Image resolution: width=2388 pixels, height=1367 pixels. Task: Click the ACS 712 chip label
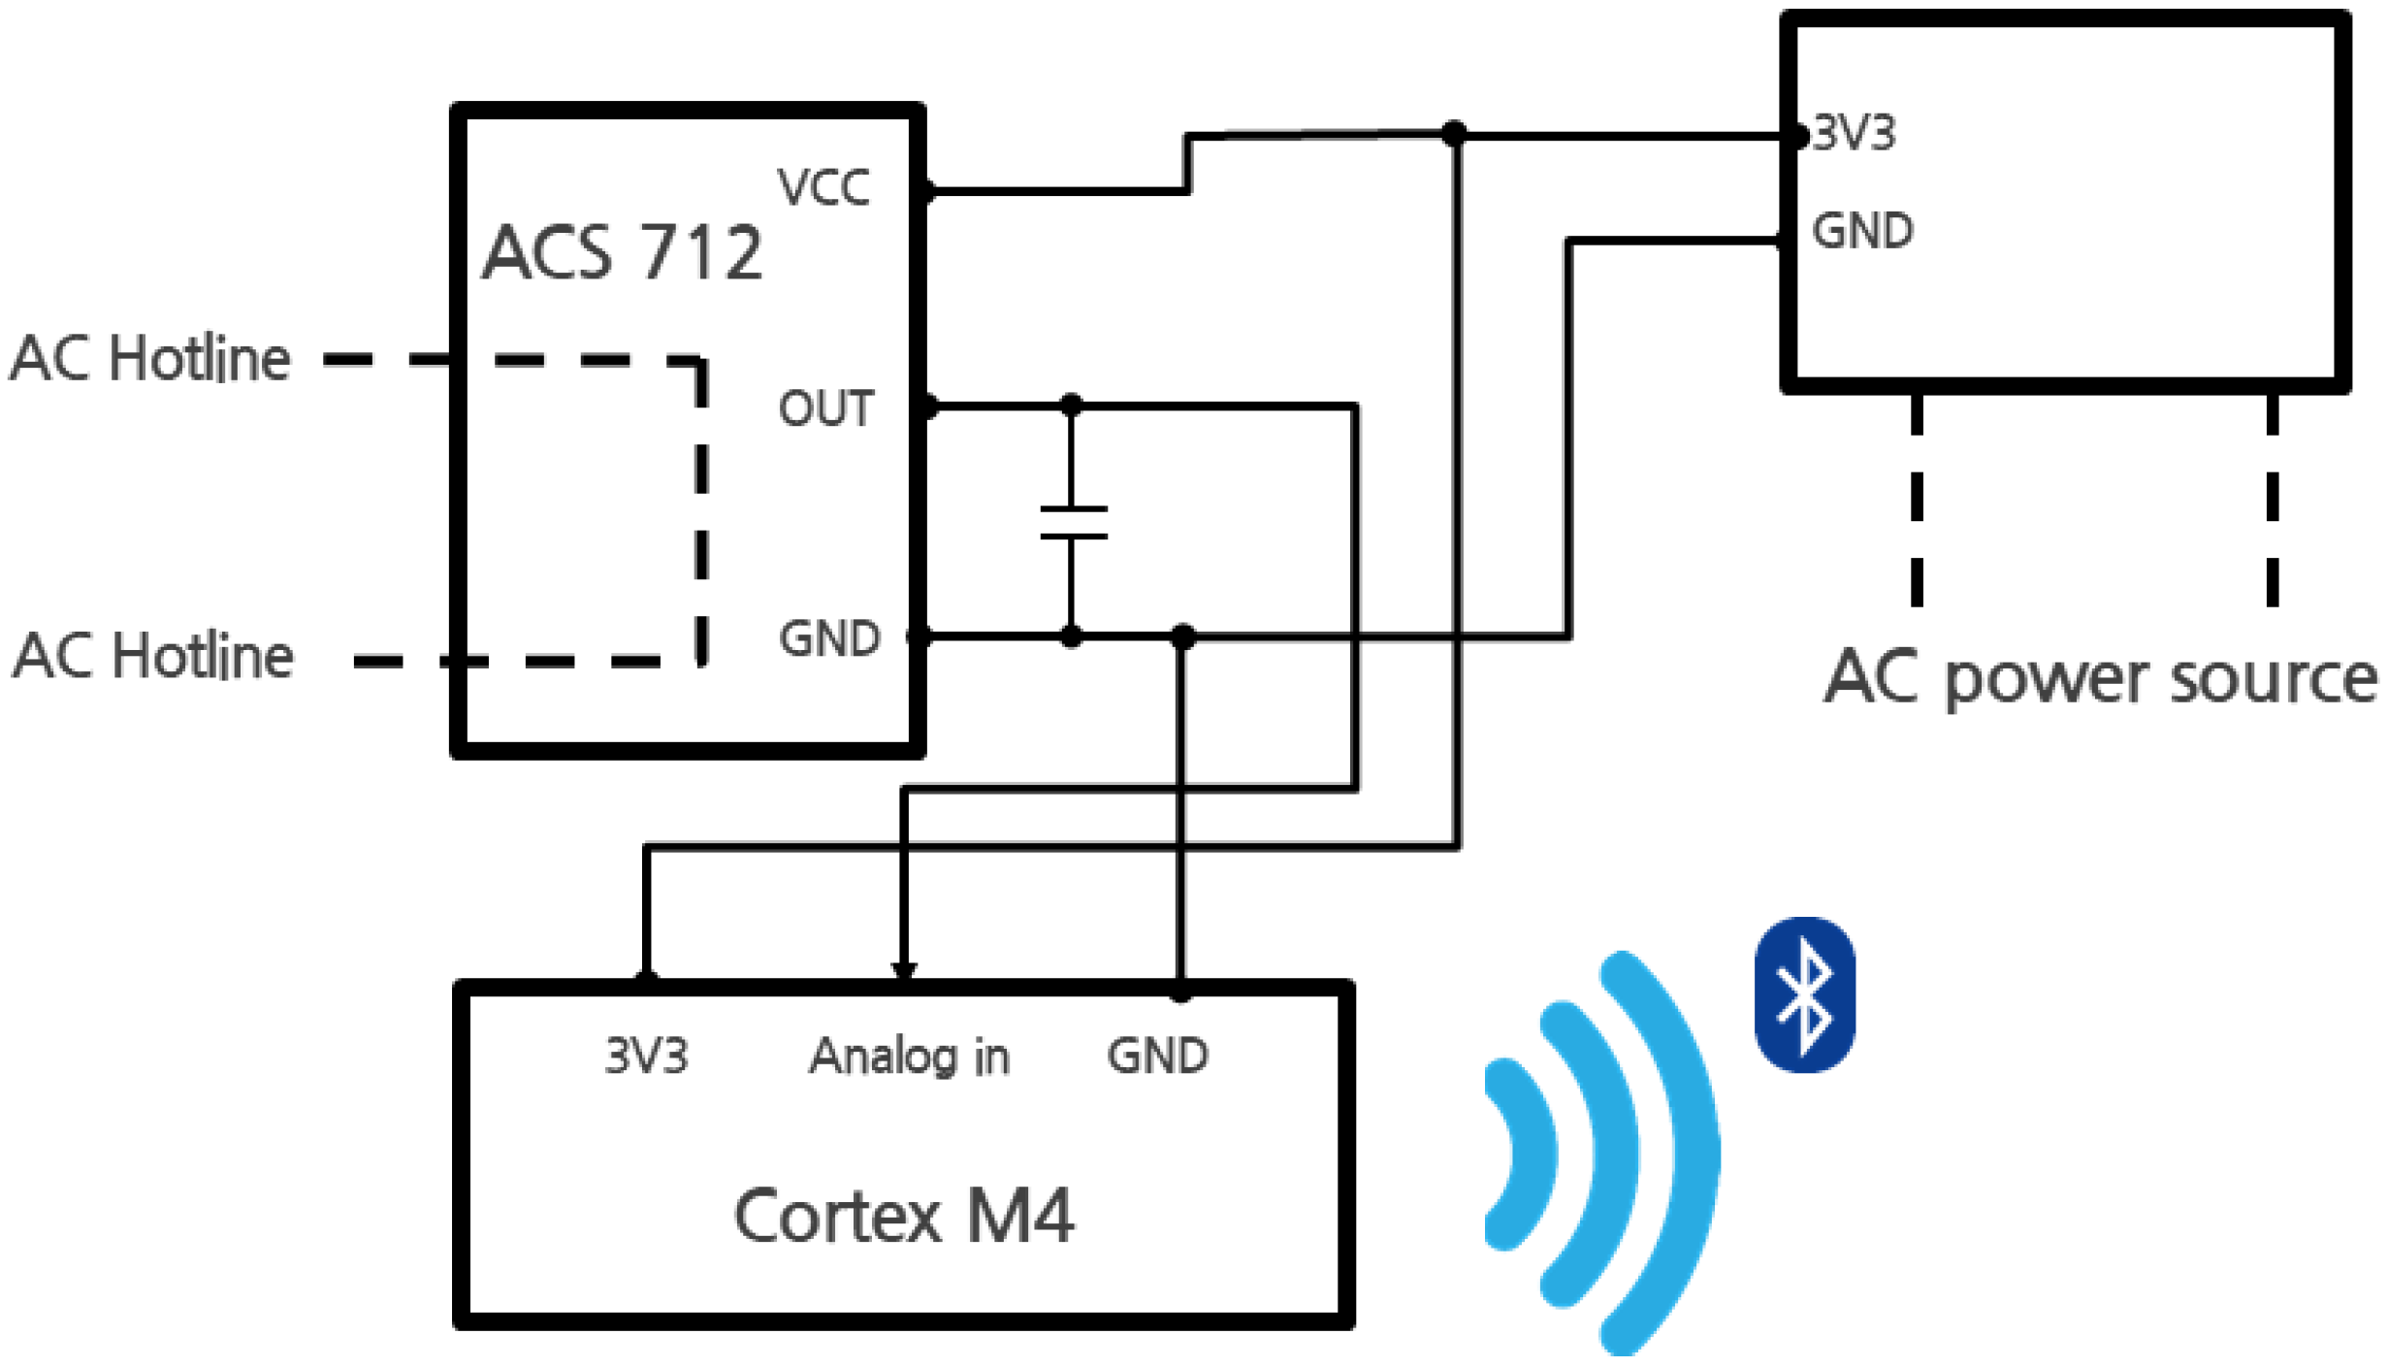coord(622,253)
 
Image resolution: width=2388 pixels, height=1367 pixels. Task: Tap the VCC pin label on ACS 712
coord(823,187)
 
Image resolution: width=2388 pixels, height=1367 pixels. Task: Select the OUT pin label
coord(825,408)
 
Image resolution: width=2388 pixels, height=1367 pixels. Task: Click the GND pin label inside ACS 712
coord(829,638)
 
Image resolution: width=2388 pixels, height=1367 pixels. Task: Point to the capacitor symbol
coord(1072,522)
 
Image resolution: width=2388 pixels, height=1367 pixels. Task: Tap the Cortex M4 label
coord(903,1216)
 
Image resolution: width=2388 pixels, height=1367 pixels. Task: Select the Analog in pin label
coord(909,1057)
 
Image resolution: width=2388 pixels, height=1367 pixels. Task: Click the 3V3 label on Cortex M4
coord(646,1056)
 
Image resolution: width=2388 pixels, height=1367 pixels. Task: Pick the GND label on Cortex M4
coord(1157,1056)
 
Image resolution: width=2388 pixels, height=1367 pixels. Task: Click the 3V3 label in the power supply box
coord(1854,133)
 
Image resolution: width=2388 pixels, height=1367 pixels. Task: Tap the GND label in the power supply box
coord(1861,232)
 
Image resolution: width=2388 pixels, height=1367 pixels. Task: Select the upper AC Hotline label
coord(150,358)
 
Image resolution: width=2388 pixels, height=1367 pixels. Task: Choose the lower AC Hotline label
coord(153,656)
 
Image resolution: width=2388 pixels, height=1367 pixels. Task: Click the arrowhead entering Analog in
coord(903,970)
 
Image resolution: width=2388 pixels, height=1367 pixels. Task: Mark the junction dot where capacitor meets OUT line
coord(1071,405)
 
